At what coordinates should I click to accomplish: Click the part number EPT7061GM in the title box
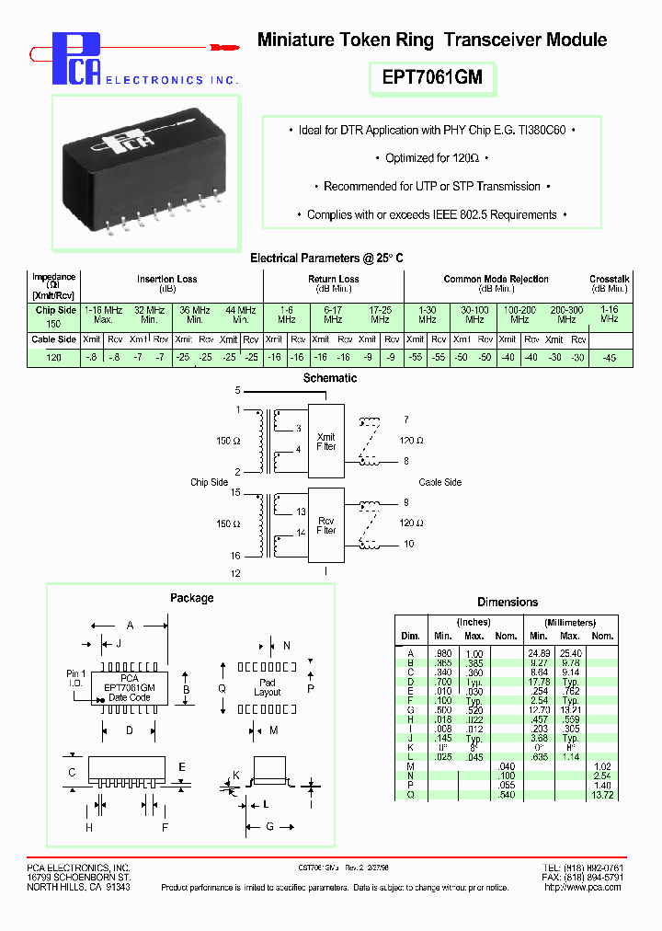click(x=431, y=78)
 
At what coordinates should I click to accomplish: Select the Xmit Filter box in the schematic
click(x=325, y=442)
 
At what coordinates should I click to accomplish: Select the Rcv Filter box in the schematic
click(x=325, y=525)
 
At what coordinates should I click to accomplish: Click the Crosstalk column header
click(x=609, y=279)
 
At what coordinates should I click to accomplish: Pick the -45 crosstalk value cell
click(x=609, y=357)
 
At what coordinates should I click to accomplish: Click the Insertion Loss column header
click(x=166, y=279)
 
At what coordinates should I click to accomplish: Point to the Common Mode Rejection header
click(x=496, y=279)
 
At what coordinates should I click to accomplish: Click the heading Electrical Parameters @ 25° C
click(x=326, y=259)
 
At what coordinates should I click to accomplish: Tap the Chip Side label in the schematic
click(x=209, y=482)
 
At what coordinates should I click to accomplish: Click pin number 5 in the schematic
click(x=237, y=391)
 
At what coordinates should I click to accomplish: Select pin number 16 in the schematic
click(x=236, y=556)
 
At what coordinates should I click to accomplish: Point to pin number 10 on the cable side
click(x=408, y=544)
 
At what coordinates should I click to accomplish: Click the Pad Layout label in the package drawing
click(x=267, y=688)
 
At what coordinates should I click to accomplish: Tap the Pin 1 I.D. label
click(x=77, y=679)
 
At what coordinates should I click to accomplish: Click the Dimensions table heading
click(x=508, y=602)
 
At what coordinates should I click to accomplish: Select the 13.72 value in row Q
click(x=601, y=794)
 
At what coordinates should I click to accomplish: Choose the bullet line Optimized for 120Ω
click(x=431, y=158)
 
